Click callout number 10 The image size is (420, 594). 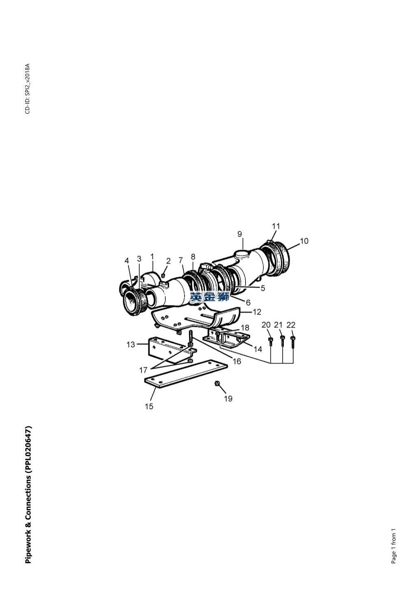coord(304,241)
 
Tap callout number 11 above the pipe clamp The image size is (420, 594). coord(276,226)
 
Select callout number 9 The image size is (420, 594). coord(239,234)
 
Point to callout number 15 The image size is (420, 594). coord(149,406)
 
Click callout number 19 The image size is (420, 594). coord(228,398)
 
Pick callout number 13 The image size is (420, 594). coord(131,345)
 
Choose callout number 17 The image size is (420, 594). coord(143,370)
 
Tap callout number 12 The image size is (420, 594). coord(257,312)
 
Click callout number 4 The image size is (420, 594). coord(127,261)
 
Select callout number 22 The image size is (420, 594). coord(291,325)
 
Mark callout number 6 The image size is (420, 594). coord(248,302)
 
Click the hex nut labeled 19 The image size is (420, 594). coord(217,383)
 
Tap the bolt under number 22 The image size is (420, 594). coord(293,342)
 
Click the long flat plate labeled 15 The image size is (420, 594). coord(186,374)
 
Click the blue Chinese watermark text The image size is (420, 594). coord(209,297)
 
